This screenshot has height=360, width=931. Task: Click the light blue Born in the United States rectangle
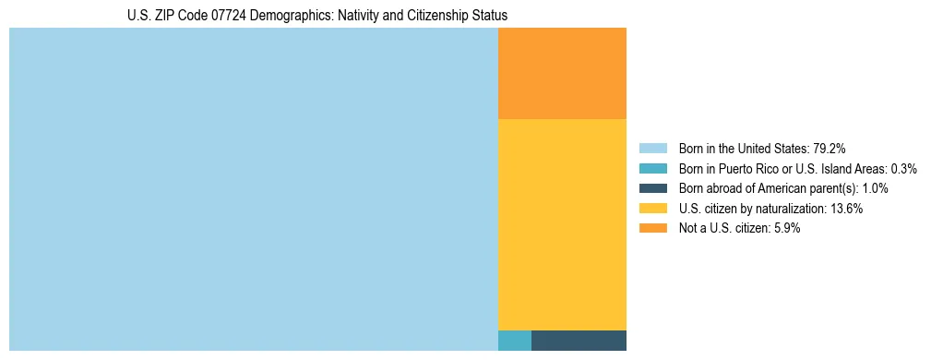tap(253, 189)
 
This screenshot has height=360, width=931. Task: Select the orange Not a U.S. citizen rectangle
tap(562, 74)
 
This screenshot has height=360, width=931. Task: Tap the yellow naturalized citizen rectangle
tap(562, 224)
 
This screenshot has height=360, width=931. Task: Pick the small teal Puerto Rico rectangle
tap(515, 341)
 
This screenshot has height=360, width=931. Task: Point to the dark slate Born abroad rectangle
tap(579, 341)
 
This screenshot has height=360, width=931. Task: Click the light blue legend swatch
tap(652, 149)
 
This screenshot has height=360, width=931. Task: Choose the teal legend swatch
tap(652, 169)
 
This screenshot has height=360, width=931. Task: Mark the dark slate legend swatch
tap(652, 188)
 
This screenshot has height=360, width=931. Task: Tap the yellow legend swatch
tap(652, 209)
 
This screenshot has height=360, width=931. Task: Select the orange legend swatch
tap(652, 229)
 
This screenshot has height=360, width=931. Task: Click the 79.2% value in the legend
tap(830, 149)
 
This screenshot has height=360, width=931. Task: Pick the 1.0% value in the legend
tap(875, 188)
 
